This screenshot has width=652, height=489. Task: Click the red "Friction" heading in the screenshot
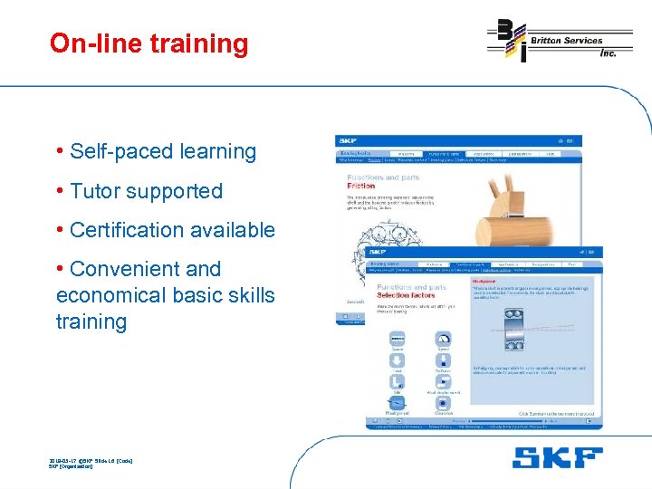coord(360,186)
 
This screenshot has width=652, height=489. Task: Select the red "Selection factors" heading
coord(406,295)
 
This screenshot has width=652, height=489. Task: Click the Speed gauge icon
coord(444,340)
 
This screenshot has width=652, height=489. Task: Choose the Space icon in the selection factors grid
coord(397,340)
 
